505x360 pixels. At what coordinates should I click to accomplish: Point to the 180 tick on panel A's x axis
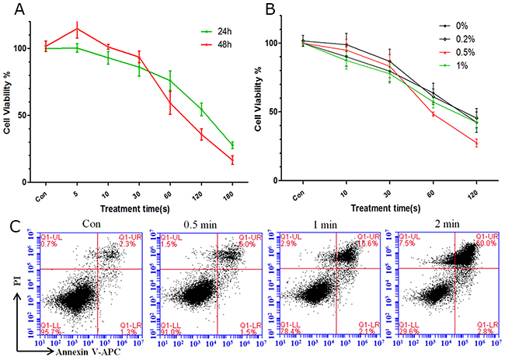click(232, 192)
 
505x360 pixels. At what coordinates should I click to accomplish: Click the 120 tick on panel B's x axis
click(476, 192)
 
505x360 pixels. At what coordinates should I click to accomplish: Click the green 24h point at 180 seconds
click(232, 145)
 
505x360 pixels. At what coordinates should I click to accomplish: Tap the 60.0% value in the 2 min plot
click(485, 244)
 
